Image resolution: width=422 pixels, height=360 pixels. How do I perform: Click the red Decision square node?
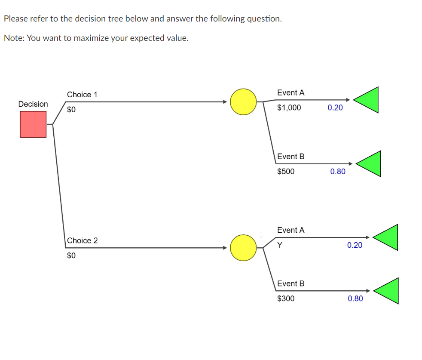coord(33,124)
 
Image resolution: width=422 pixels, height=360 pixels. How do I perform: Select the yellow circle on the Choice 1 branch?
coord(243,102)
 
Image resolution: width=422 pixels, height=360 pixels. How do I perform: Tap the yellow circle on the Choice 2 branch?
coord(243,248)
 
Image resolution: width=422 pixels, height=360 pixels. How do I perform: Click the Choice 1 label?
coord(82,94)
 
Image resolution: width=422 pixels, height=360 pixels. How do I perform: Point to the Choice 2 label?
coord(82,240)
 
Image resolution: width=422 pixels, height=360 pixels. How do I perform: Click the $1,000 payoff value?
coord(289,108)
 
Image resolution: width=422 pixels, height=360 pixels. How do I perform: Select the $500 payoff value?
coord(286,172)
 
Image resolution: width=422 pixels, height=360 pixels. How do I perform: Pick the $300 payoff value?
coord(286,298)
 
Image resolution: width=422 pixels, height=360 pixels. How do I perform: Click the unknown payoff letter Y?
coord(280,245)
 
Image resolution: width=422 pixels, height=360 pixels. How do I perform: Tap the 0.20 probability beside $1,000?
coord(335,108)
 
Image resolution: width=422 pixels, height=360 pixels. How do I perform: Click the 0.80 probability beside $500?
coord(338,172)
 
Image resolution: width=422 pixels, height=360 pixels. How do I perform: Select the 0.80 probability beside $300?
coord(355,298)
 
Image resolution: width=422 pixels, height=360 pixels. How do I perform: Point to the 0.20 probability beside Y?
coord(355,245)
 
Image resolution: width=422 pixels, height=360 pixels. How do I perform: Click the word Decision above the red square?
coord(33,104)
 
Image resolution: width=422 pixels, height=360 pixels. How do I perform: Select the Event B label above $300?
coord(291,283)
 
